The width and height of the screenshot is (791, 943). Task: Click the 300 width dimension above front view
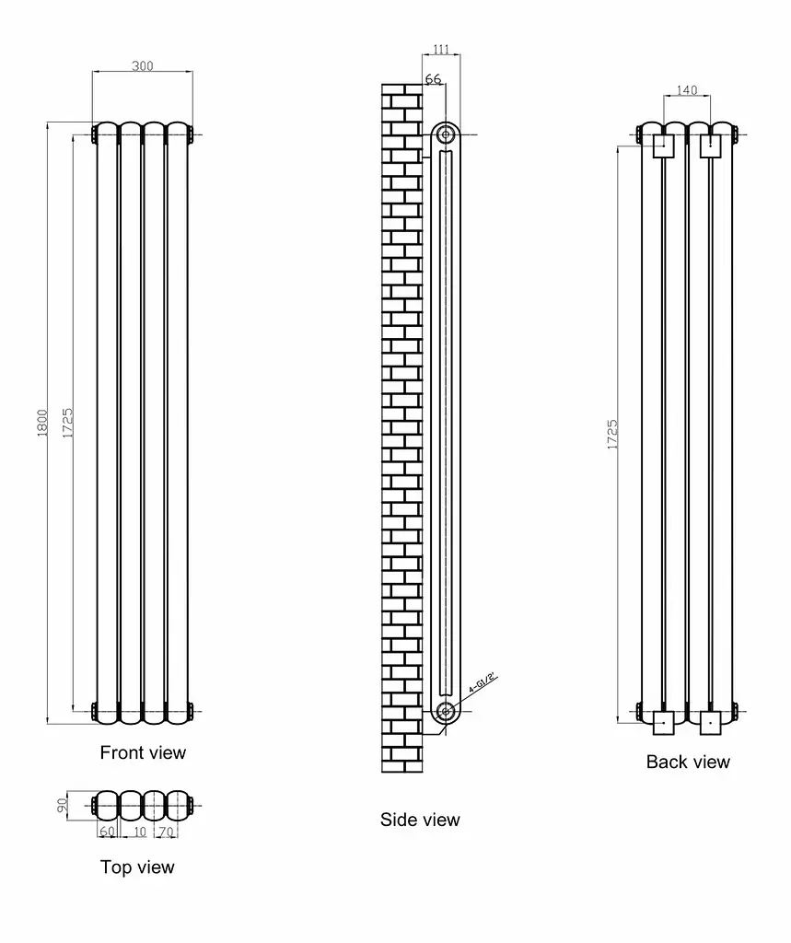143,65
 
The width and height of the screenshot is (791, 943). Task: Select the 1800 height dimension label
42,423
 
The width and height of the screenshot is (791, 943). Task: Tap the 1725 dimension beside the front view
67,423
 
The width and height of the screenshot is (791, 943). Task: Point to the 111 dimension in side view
441,49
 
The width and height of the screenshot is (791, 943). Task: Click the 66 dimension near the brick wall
433,79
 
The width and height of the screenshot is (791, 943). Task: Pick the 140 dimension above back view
686,90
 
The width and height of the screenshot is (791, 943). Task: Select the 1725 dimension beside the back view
612,435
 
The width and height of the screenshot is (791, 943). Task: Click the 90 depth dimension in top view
62,805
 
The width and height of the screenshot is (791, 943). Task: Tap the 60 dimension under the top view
107,832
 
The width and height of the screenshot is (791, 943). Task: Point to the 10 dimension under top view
140,832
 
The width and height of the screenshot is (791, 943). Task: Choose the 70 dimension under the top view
166,832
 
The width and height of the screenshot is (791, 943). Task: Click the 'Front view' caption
143,752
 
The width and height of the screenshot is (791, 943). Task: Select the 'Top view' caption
137,867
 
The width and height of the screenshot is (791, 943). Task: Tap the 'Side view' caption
420,819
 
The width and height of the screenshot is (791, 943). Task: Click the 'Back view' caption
688,762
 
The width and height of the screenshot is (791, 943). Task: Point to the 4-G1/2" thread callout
483,684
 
